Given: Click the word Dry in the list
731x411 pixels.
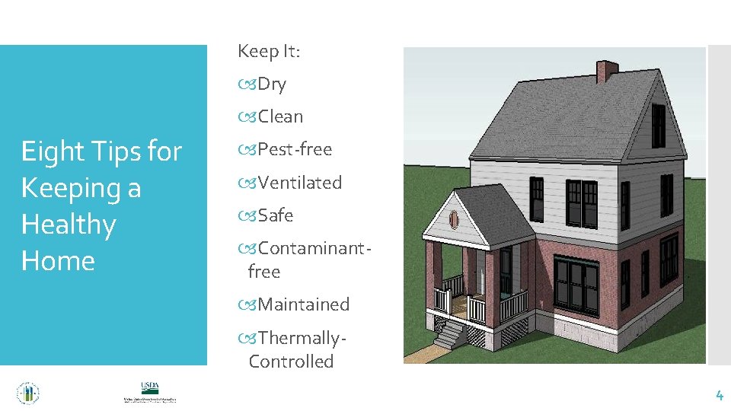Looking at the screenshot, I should coord(272,84).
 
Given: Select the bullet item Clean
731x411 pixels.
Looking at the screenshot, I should coord(280,117).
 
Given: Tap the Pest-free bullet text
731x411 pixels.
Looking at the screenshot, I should coord(295,150).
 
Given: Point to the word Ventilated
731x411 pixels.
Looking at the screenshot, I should coord(300,183).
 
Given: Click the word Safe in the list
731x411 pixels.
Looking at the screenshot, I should coord(275,216).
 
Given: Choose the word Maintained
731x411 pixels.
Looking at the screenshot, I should coord(303,304).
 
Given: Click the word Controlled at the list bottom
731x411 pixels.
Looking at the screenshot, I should coord(291,362).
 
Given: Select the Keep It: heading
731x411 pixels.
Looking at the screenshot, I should coord(269,52).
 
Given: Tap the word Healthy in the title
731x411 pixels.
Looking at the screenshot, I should coord(69,225).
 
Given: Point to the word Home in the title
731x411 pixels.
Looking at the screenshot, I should coord(58,261).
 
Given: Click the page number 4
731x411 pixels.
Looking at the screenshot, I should coord(718,395).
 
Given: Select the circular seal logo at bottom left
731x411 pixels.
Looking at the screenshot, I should coord(28,393).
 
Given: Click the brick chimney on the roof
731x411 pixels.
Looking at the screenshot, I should coord(606,72).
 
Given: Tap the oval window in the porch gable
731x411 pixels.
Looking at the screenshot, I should coord(455,219).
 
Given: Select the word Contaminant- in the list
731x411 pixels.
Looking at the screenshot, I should coord(308,249).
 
